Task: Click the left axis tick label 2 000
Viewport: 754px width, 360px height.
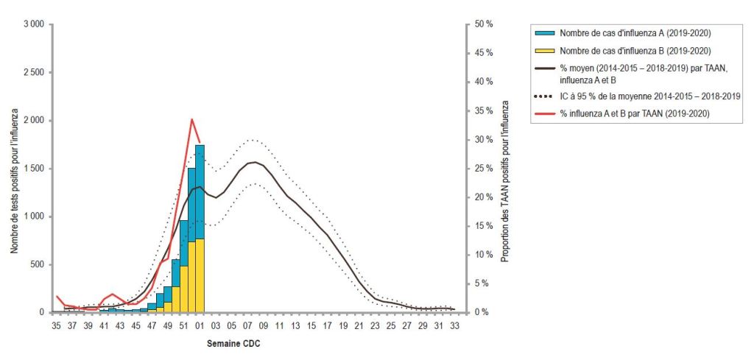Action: [34, 121]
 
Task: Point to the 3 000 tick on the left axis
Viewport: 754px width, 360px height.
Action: [34, 24]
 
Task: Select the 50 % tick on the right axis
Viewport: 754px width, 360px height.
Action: [484, 24]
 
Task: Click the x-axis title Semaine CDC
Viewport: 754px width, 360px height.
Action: [232, 344]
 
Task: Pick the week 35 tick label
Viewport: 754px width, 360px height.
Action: [55, 325]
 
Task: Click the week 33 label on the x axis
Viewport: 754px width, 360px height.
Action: [455, 325]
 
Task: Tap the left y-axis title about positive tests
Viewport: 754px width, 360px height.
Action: [14, 169]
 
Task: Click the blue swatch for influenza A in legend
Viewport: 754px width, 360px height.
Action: [543, 33]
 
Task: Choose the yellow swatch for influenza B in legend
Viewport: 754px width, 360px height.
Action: [543, 51]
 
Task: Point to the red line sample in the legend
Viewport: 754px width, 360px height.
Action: [543, 113]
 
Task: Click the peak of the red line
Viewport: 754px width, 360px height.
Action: [191, 119]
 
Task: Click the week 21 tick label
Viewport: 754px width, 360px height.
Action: [359, 325]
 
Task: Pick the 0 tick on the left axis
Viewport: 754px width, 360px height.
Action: [43, 313]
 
